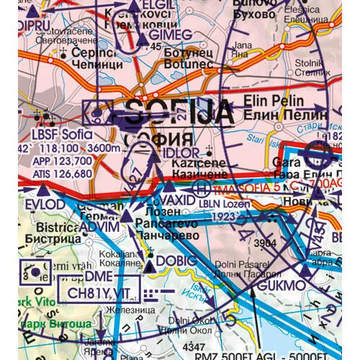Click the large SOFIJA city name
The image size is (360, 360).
(180, 113)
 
